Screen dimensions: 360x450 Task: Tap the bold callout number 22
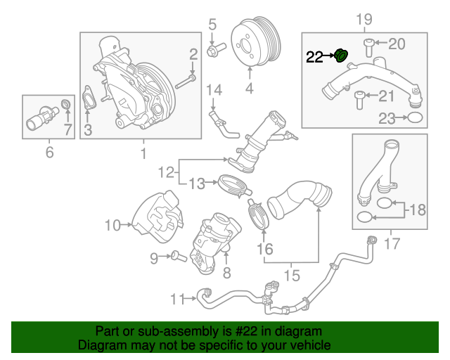(x=314, y=56)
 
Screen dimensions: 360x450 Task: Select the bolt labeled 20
(x=369, y=46)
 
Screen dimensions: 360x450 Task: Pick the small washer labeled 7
(x=67, y=105)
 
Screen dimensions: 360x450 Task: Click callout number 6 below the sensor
(x=49, y=152)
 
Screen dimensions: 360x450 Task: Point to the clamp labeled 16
(x=258, y=214)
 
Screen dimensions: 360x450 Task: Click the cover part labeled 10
(x=156, y=215)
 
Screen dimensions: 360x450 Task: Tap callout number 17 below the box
(x=392, y=244)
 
